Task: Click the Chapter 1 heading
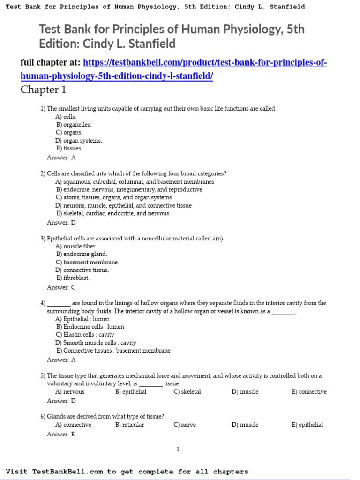43,90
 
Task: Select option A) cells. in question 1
66,117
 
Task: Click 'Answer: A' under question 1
61,157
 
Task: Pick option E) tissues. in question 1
69,148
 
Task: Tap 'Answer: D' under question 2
61,223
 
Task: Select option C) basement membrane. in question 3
87,262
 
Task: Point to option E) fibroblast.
73,277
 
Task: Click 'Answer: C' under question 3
61,287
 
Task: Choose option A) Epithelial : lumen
82,319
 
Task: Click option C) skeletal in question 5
187,391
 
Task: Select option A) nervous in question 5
70,391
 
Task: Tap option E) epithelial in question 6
307,425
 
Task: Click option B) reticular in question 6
130,425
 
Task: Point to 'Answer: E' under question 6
61,435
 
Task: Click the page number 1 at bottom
178,450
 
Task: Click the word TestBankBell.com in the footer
67,472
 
